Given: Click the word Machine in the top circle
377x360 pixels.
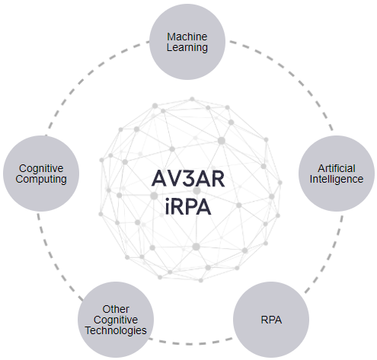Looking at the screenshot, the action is (x=187, y=37).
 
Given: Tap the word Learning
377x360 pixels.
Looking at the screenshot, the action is (x=187, y=48).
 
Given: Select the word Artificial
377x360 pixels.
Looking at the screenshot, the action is (x=337, y=168).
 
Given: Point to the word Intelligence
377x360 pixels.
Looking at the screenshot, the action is (x=337, y=180).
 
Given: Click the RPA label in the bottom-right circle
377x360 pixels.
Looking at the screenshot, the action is (x=271, y=320).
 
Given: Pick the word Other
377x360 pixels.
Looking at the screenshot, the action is (x=116, y=309).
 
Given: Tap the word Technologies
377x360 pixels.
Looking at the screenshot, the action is (x=116, y=330).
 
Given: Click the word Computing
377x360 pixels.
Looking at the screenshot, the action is (x=41, y=180).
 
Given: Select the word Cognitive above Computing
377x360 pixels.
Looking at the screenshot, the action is (x=41, y=168).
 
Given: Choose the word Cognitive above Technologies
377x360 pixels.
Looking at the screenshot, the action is (x=116, y=320).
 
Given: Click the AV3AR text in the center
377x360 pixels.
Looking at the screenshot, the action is (x=188, y=179).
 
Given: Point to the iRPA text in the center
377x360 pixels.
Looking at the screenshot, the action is (x=188, y=207).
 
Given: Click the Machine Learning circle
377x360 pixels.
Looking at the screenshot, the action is (x=187, y=42).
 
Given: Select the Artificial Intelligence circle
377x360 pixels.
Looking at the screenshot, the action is (x=337, y=174).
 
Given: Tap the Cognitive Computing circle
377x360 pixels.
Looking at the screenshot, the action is (x=41, y=174).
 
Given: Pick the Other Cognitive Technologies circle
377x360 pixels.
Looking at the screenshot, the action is (x=116, y=320).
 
